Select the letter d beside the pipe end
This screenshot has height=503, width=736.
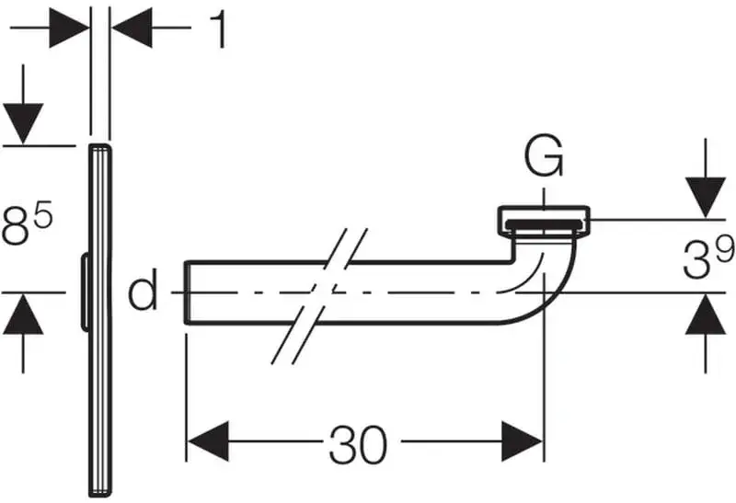(143, 293)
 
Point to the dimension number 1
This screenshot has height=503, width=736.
(217, 30)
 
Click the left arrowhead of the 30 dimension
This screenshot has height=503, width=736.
(207, 440)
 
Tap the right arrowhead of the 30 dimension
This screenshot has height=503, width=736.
(523, 440)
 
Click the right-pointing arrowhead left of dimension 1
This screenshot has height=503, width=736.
(70, 29)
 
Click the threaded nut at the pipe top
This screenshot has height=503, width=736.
(546, 220)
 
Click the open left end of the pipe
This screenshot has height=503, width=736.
(188, 292)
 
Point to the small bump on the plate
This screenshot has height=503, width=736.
(84, 292)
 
